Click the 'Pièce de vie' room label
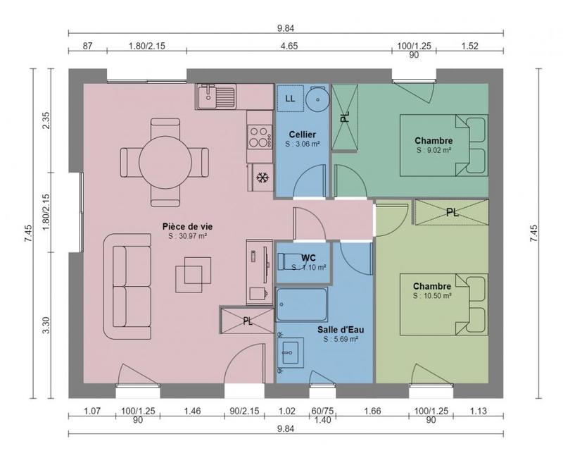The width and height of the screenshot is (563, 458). tap(187, 226)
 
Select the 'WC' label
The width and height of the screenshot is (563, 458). tap(309, 256)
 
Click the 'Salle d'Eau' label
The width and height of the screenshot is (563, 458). tap(341, 329)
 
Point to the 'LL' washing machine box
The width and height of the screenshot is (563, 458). tap(289, 99)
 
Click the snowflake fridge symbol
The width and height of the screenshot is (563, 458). tap(262, 177)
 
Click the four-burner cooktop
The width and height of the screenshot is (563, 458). tap(260, 135)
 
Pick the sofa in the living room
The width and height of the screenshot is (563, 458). tap(127, 286)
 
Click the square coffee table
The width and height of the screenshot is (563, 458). tap(193, 272)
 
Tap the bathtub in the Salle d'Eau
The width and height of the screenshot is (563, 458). tap(302, 304)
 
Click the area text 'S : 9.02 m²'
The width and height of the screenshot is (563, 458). tap(434, 150)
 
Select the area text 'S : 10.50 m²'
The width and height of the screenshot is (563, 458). tap(432, 296)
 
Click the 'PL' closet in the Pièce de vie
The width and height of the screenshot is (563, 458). tap(247, 321)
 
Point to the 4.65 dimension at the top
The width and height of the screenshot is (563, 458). tap(289, 46)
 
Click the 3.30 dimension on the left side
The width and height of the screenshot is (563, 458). tap(46, 326)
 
